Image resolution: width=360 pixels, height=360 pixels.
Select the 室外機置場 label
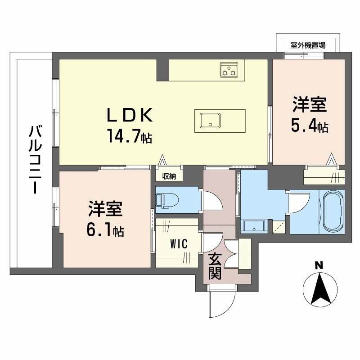tap(308, 45)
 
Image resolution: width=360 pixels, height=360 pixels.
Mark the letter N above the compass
tap(319, 265)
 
